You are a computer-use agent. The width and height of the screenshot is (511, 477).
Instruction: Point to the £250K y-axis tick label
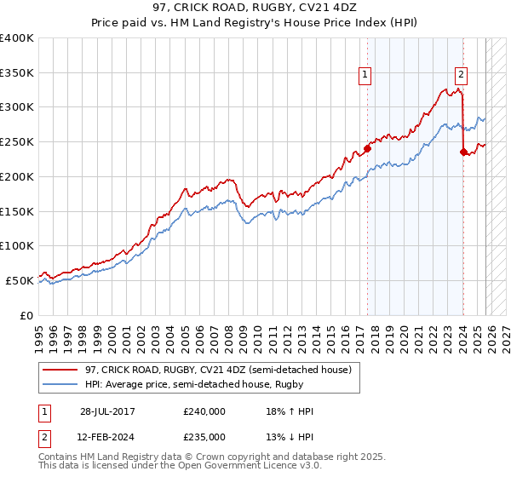pyautogui.click(x=17, y=141)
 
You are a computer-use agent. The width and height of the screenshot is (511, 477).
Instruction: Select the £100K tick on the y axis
pyautogui.click(x=17, y=245)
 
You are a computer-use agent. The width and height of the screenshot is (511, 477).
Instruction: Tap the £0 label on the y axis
pyautogui.click(x=26, y=315)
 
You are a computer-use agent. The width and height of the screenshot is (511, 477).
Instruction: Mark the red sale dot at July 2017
pyautogui.click(x=367, y=148)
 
